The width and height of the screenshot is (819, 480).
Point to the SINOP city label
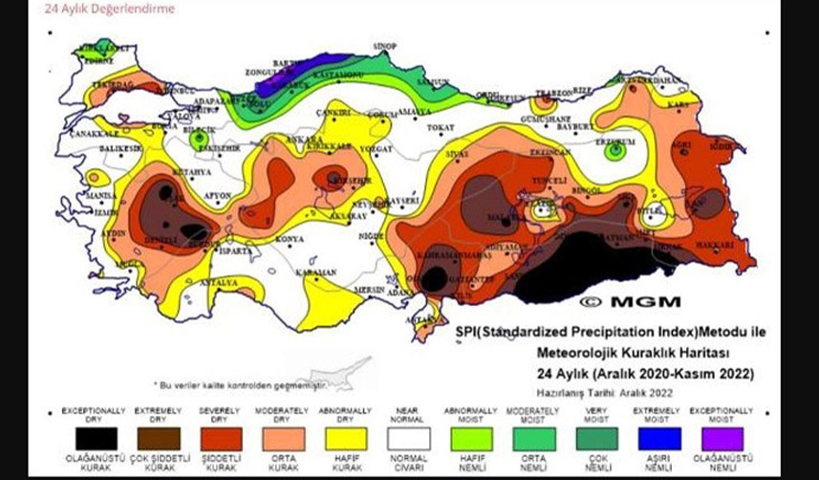(385, 46)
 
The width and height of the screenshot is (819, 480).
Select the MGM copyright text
(630, 301)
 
